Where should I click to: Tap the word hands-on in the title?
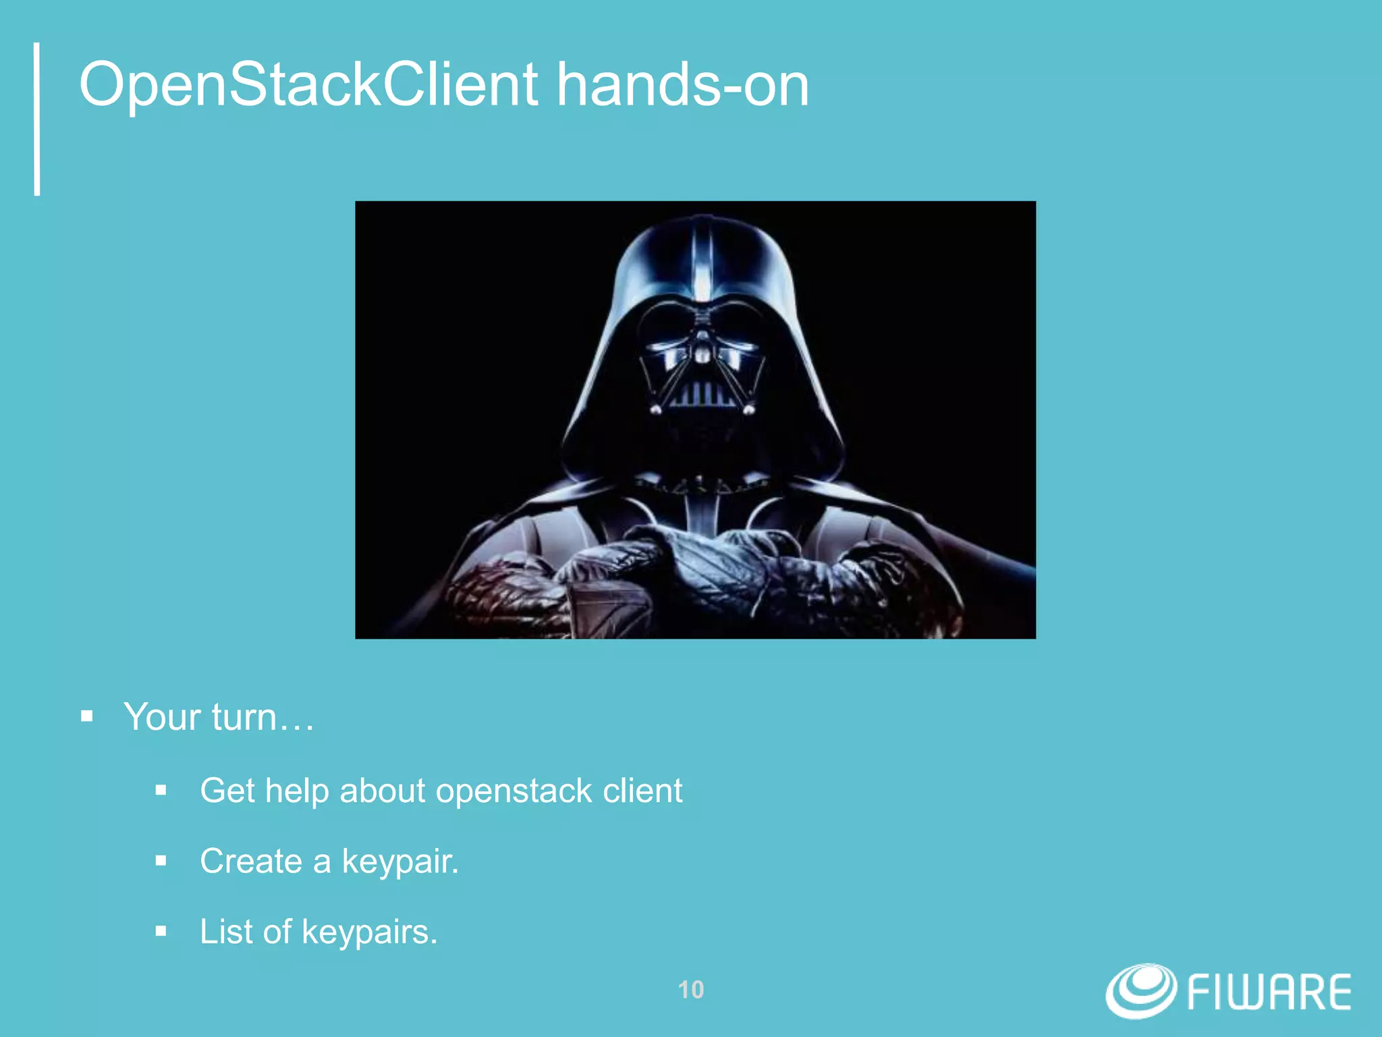682,86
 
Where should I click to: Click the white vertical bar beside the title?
37,119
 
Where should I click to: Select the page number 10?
690,990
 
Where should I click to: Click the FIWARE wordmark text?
1269,992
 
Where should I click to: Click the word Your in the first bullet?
163,717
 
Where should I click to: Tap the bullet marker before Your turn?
86,716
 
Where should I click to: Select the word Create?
251,861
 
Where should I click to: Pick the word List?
226,932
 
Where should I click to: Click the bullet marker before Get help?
161,791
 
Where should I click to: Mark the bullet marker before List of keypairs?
161,932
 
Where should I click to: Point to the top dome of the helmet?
702,257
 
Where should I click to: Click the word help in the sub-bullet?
296,791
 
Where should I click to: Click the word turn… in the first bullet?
263,717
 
